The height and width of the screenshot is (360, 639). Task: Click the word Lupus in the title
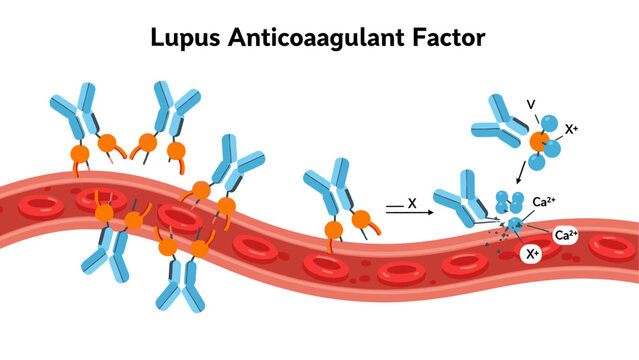click(188, 39)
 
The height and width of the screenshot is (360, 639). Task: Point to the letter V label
click(530, 104)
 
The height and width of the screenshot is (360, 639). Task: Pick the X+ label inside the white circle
click(534, 254)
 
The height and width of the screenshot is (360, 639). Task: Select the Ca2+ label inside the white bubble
click(566, 236)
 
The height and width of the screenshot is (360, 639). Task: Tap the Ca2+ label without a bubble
click(544, 202)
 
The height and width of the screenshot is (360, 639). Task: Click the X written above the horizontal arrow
click(411, 202)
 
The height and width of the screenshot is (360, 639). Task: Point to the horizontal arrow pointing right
click(410, 213)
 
